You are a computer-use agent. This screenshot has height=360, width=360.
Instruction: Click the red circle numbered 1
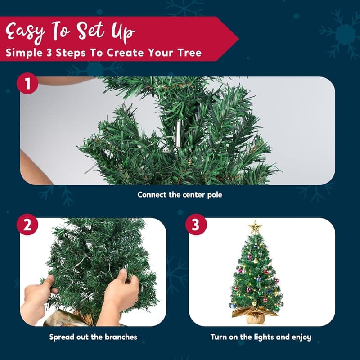click(x=27, y=83)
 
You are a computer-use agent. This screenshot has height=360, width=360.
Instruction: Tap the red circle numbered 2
click(x=27, y=225)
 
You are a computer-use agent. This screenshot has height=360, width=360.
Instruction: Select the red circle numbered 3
click(x=196, y=225)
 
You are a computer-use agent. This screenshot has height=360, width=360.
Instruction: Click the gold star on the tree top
click(x=255, y=227)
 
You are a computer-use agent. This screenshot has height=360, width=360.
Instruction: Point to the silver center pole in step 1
click(x=178, y=133)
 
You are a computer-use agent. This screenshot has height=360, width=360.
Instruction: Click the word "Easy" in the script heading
click(x=25, y=31)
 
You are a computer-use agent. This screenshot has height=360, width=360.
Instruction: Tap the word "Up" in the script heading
click(x=123, y=32)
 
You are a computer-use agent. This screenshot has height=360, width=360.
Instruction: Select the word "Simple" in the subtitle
click(x=24, y=53)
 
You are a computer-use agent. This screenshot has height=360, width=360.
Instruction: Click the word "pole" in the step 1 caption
click(x=215, y=195)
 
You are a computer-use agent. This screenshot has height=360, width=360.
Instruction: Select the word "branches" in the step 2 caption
click(x=121, y=337)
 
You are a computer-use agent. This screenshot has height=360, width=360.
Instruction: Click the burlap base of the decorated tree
click(x=255, y=317)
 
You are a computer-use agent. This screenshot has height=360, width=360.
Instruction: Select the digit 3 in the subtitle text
click(x=49, y=53)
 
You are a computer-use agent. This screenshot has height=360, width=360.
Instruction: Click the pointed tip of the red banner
click(x=238, y=39)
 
